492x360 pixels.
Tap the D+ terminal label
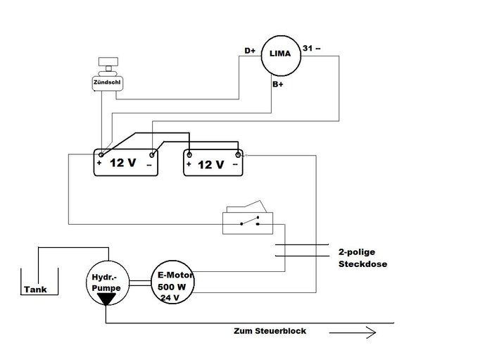tap(250, 51)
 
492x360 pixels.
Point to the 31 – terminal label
tap(310, 48)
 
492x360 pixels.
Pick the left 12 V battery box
tap(127, 163)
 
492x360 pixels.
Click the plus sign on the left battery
tap(100, 163)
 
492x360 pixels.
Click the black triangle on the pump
tap(107, 299)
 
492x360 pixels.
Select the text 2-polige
tap(359, 252)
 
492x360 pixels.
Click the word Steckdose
tap(363, 264)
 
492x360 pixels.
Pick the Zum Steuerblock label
tap(270, 330)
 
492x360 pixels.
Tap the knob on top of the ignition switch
tap(106, 65)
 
